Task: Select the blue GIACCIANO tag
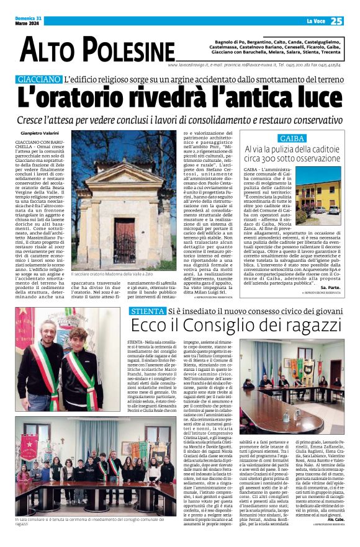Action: pyautogui.click(x=40, y=80)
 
